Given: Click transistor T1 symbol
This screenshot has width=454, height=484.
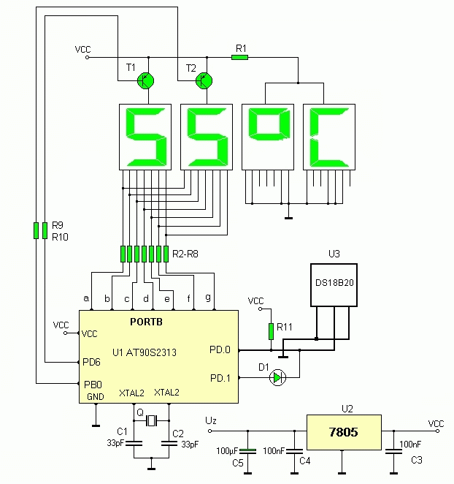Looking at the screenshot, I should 146,81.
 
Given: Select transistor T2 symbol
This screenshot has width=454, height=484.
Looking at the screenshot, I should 205,81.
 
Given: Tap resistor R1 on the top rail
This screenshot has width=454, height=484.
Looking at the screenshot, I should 240,57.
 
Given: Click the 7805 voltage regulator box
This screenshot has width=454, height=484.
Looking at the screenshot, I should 343,431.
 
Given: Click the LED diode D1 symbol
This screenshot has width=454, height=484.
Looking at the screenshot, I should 277,377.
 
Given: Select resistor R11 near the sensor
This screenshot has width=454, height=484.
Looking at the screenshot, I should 271,330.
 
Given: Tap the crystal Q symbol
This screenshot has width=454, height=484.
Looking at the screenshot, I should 151,420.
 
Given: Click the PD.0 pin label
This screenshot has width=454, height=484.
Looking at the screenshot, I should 220,350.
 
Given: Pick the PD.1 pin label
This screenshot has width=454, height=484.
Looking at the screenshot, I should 220,378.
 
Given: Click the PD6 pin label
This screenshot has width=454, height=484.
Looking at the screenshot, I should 91,362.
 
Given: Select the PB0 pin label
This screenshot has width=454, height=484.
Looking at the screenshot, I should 91,384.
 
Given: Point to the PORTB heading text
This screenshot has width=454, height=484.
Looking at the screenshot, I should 148,322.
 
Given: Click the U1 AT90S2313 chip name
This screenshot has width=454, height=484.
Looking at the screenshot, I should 145,352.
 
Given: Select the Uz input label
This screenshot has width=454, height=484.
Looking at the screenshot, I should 210,421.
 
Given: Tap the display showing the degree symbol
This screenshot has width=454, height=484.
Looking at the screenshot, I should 267,137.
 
